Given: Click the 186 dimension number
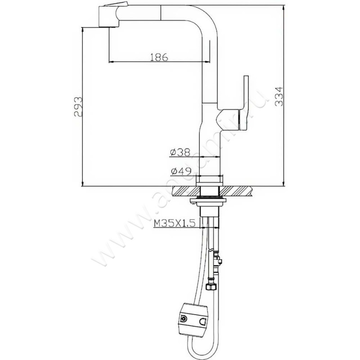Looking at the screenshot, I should pyautogui.click(x=158, y=57).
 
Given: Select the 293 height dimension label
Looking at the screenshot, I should pyautogui.click(x=77, y=107).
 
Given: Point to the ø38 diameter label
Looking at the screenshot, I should pyautogui.click(x=180, y=153).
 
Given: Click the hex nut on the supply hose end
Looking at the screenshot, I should pyautogui.click(x=210, y=285).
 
